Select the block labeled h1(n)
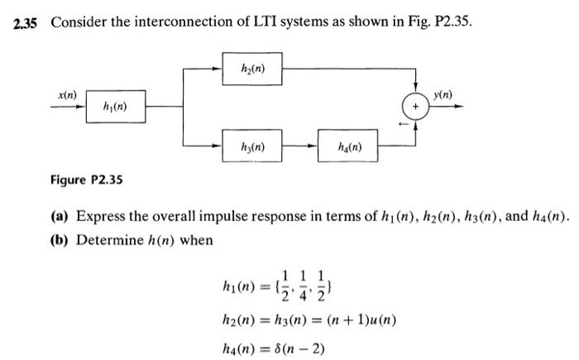tap(115, 107)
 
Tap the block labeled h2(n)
tap(253, 69)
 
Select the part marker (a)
tap(60, 217)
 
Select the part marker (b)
tap(60, 240)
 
